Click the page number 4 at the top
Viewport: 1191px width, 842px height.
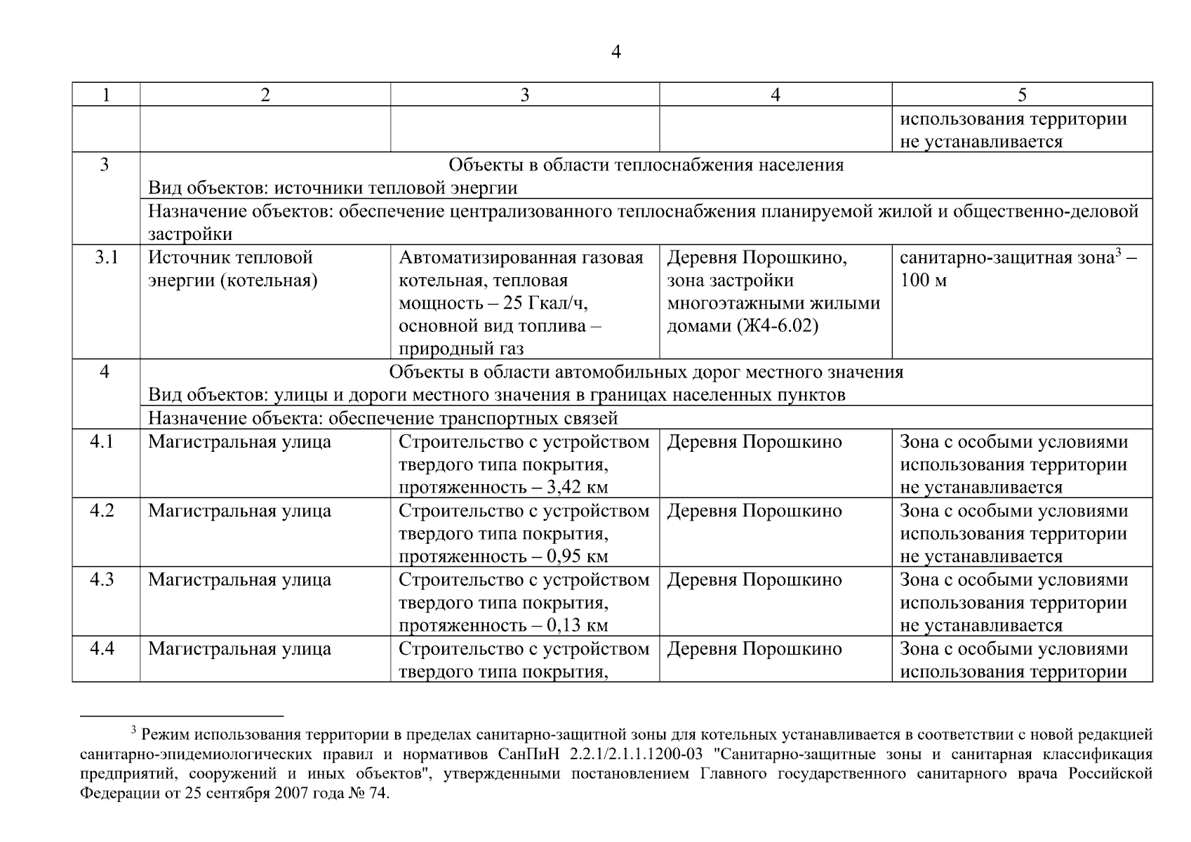(616, 52)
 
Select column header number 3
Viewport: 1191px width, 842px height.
(524, 95)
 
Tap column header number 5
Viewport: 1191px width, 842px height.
(1022, 95)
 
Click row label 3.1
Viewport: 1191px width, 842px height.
(106, 258)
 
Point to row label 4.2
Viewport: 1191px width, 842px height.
(102, 510)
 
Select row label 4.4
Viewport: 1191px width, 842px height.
(102, 648)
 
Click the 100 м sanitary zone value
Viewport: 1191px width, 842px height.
(923, 281)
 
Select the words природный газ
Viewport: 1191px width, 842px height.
(461, 349)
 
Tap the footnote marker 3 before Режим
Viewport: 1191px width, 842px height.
(133, 731)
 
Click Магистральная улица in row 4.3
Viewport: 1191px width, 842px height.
(239, 580)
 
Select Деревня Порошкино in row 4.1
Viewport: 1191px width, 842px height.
(754, 442)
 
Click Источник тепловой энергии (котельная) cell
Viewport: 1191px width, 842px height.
(232, 269)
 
